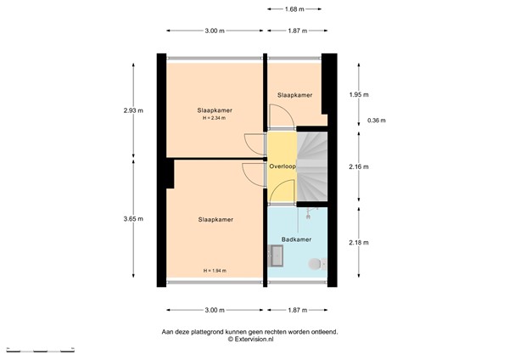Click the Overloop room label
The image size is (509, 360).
(x=282, y=166)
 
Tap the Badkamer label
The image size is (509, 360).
(x=297, y=239)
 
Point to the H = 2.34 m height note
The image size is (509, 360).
(x=215, y=119)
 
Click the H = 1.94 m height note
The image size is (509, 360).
(x=215, y=271)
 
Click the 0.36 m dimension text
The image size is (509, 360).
(x=377, y=121)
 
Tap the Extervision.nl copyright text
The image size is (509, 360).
(x=250, y=340)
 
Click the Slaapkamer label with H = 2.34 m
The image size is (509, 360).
(x=215, y=110)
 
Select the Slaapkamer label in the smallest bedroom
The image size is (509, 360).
(x=296, y=95)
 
